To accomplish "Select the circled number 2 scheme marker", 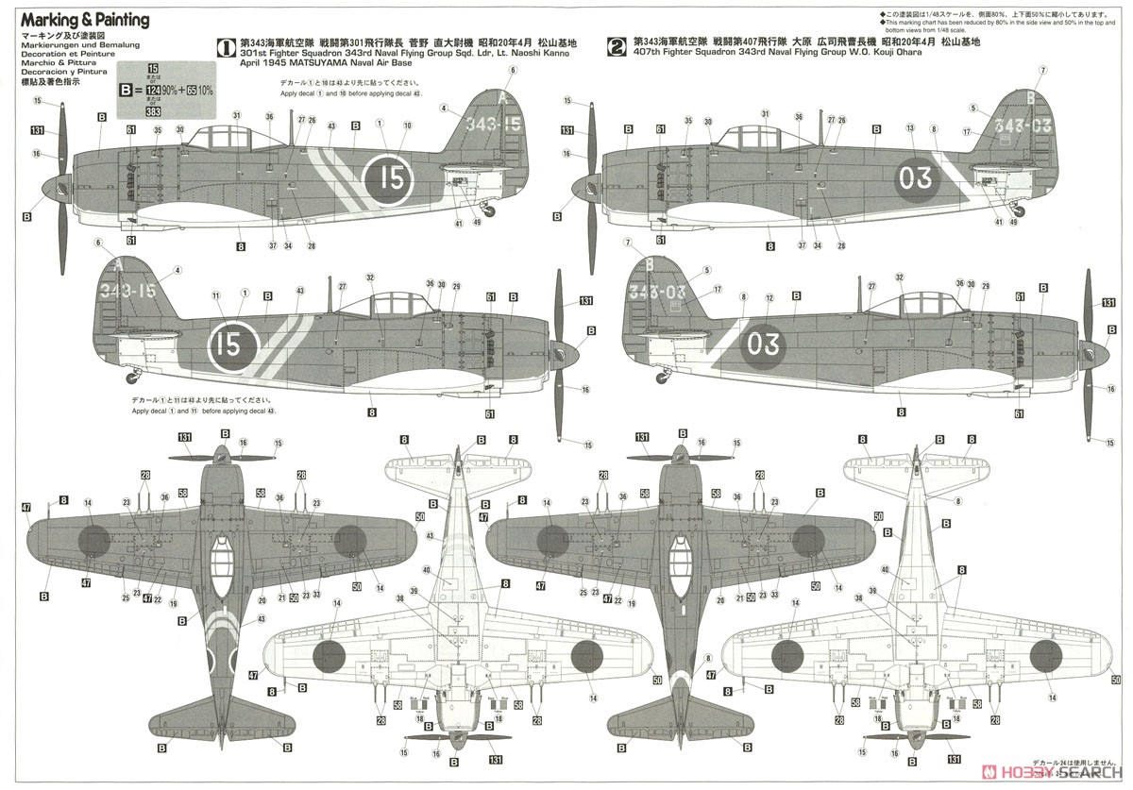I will [617, 44].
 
